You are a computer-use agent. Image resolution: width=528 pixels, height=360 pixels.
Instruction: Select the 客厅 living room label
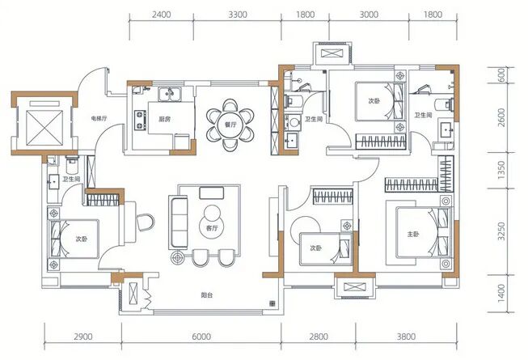213,230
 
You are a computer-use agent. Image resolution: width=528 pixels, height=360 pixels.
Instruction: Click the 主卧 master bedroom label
412,235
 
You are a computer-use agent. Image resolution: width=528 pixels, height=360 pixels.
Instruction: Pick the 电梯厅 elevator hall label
99,119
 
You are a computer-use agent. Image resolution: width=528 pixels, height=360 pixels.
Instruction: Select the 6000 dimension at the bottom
202,337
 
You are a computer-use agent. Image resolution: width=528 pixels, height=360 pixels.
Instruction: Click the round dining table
232,125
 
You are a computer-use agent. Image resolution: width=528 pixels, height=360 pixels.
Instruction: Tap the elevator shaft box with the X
41,125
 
